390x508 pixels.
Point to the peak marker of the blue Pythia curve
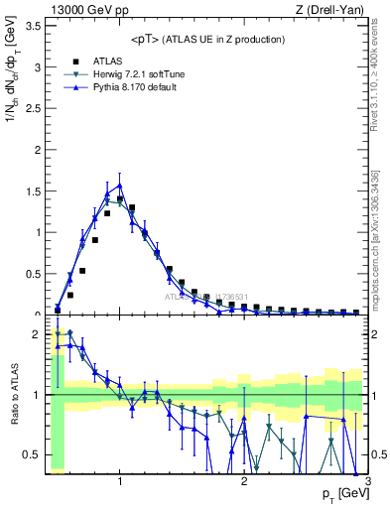(x=120, y=185)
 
